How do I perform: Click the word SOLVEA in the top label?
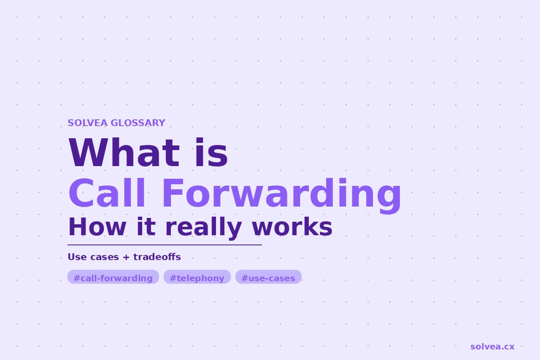point(87,123)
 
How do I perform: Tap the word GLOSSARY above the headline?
point(138,123)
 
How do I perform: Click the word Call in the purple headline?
point(107,193)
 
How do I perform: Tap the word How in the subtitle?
point(97,227)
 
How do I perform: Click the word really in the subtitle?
point(203,228)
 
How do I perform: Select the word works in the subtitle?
point(292,227)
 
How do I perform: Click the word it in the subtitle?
point(146,227)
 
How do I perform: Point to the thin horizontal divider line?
point(165,245)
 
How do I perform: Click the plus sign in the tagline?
point(126,257)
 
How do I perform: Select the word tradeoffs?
point(157,257)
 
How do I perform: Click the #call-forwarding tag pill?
point(113,277)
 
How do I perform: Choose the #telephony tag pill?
point(197,277)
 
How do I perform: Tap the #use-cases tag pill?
point(268,277)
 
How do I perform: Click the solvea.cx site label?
point(492,347)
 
